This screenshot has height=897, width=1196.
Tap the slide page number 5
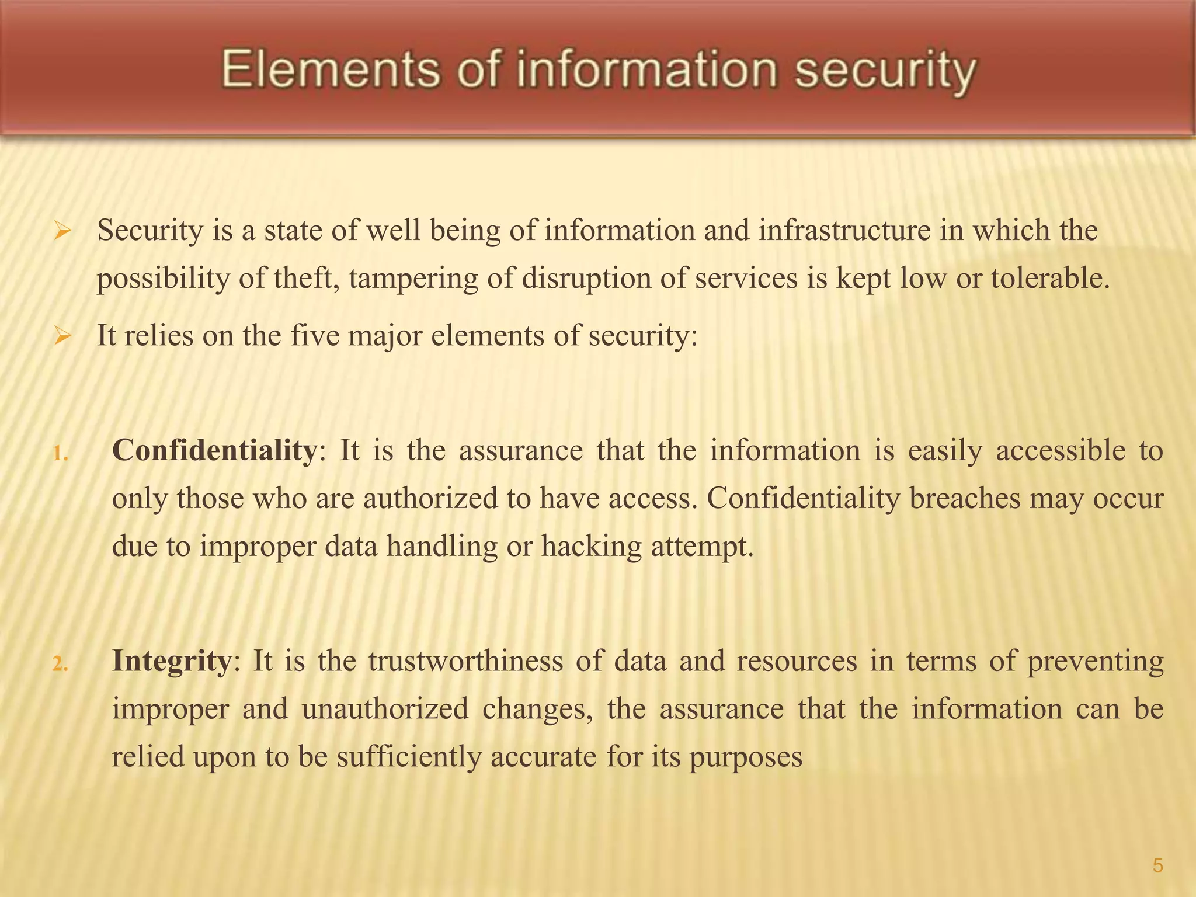coord(1157,865)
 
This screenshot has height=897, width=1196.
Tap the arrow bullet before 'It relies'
coord(62,337)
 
